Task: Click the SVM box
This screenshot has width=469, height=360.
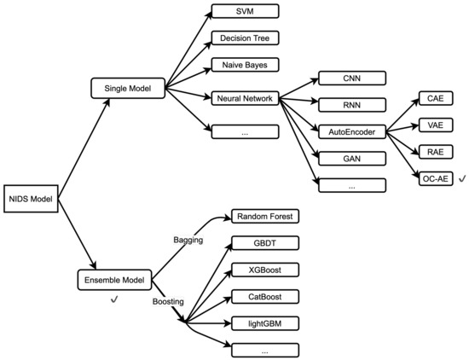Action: (245, 13)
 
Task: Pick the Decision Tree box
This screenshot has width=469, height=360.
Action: (245, 38)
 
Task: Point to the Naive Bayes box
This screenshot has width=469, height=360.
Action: (245, 65)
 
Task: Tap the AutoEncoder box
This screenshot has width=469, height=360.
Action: (351, 132)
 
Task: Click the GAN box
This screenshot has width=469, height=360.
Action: (351, 158)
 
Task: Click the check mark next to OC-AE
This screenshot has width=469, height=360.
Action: (461, 178)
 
